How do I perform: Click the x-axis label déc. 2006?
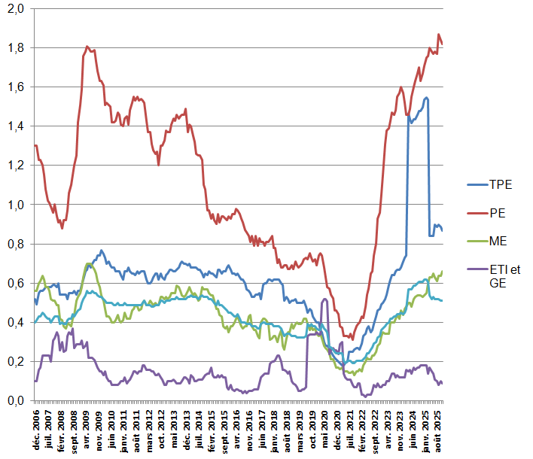coord(35,429)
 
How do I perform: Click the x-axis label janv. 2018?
coord(275,429)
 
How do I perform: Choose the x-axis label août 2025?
coord(438,429)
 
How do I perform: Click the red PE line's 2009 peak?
coord(87,47)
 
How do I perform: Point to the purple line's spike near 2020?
coord(324,299)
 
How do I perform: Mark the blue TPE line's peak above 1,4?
coord(426,97)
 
